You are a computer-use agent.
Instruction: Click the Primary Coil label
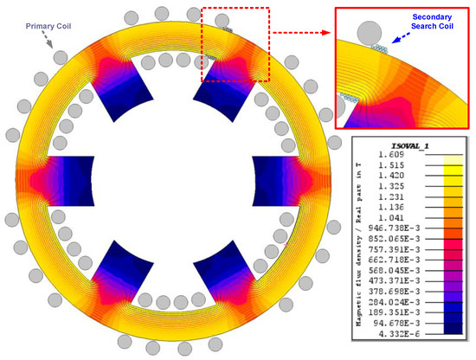click(48, 26)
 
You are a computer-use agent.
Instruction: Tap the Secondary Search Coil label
click(432, 22)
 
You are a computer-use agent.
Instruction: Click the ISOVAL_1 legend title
click(410, 146)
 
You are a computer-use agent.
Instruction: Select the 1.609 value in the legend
click(391, 155)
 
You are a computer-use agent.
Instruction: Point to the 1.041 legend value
click(391, 218)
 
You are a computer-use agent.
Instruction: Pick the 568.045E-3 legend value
click(394, 270)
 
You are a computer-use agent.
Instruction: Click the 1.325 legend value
click(391, 186)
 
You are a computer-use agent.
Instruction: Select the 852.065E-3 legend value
click(394, 239)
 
